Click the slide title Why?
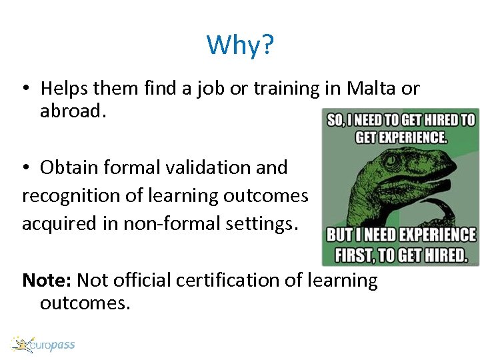pyautogui.click(x=240, y=45)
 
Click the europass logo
pyautogui.click(x=43, y=345)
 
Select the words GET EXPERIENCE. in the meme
pyautogui.click(x=401, y=137)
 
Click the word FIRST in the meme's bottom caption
pyautogui.click(x=357, y=255)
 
